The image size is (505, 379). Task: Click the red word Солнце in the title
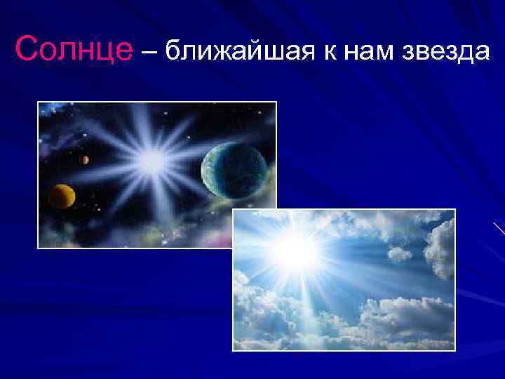tap(74, 50)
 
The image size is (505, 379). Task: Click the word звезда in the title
tap(444, 51)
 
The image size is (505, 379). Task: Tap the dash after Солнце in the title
tap(150, 51)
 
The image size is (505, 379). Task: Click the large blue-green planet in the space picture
tap(234, 169)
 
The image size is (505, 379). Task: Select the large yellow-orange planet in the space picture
tap(62, 196)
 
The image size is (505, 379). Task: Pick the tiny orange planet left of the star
tap(85, 160)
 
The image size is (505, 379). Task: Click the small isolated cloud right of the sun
tap(399, 253)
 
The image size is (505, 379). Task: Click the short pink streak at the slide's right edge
tap(499, 227)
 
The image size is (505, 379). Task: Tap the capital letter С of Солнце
tap(26, 50)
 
